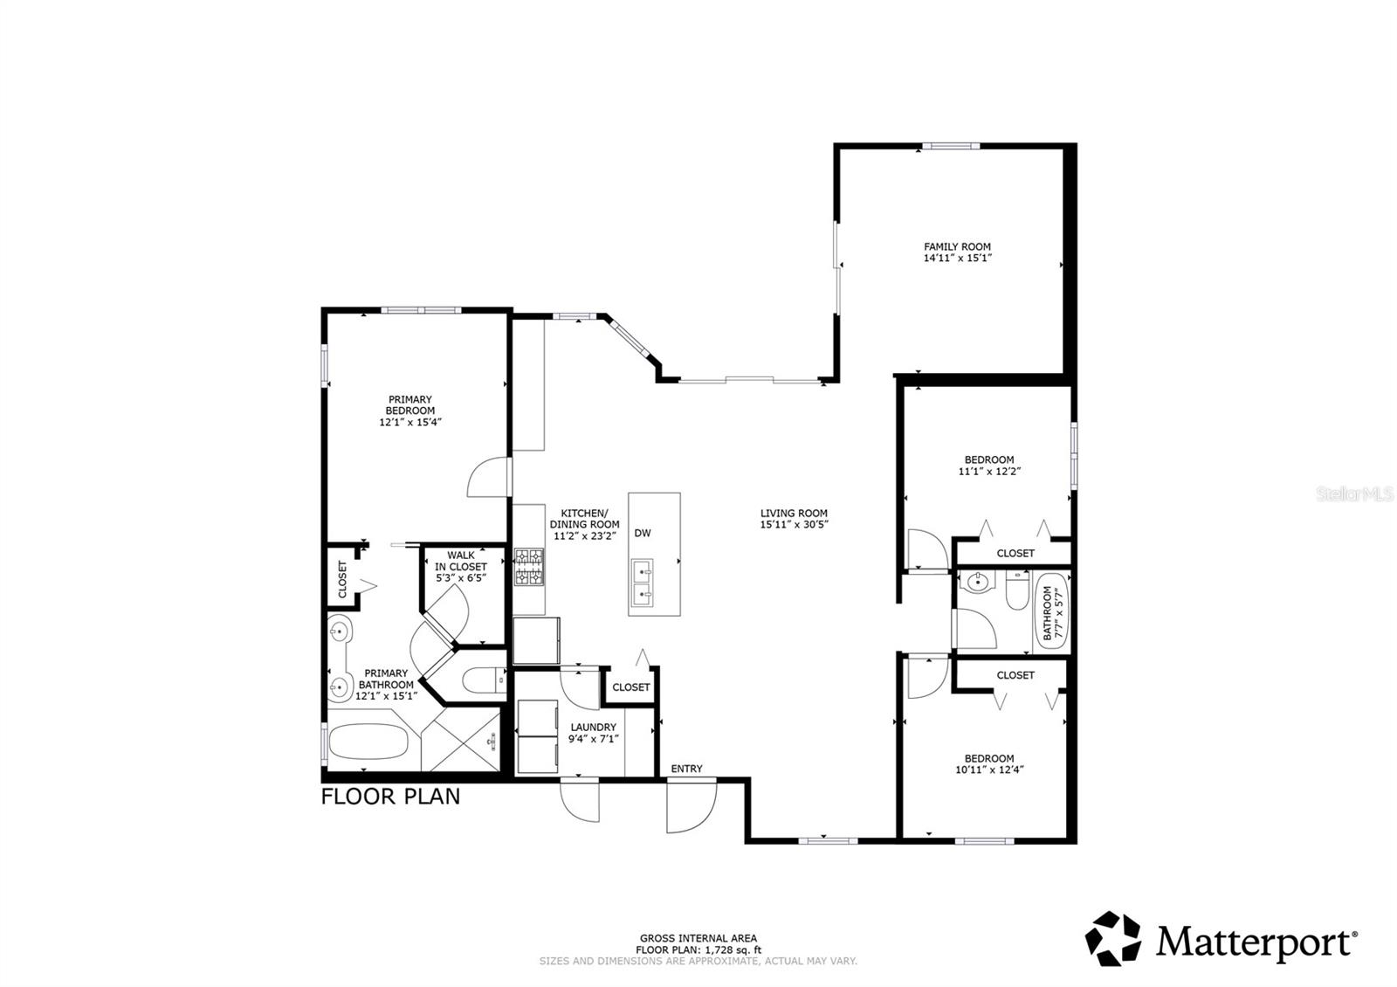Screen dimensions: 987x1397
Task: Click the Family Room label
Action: [957, 247]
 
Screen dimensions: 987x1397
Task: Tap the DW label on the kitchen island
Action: [643, 534]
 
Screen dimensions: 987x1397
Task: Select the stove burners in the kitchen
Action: [528, 566]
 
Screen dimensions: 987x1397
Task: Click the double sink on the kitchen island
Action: [644, 584]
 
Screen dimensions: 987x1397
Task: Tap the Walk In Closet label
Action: [461, 566]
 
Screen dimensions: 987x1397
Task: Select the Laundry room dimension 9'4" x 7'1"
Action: [593, 739]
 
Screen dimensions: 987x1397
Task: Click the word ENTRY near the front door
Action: [686, 769]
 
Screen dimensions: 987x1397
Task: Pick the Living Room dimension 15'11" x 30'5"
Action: [793, 525]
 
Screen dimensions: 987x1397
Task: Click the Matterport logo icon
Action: [1112, 939]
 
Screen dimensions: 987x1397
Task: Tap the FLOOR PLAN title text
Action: [390, 797]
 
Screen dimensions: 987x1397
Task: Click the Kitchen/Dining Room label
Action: [584, 519]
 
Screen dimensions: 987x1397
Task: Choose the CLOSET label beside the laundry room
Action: [630, 687]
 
